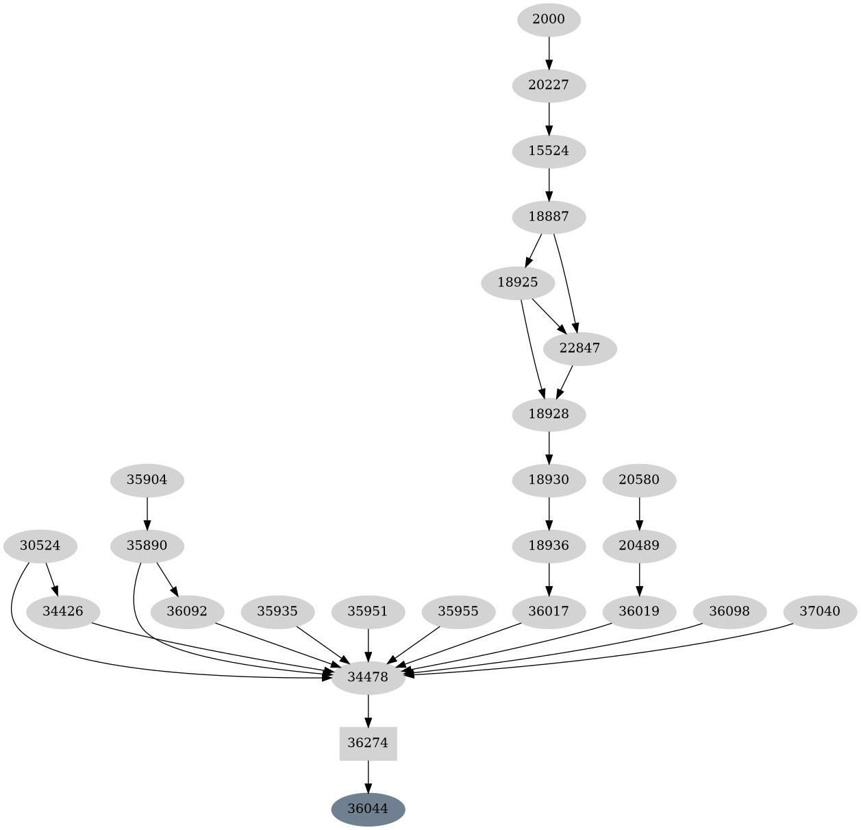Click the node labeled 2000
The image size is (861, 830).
click(549, 19)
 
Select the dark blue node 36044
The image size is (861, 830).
click(368, 809)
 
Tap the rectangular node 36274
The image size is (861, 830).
click(368, 743)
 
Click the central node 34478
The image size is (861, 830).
click(368, 677)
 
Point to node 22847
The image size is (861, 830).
click(579, 348)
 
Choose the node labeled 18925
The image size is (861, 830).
click(518, 282)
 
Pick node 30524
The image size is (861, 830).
click(40, 546)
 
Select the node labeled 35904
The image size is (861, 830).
click(147, 480)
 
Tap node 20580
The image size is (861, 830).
click(639, 480)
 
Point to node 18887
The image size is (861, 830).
click(549, 217)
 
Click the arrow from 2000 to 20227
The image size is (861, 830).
click(549, 53)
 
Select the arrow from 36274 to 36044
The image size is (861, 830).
click(368, 777)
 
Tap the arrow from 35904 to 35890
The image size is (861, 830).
click(147, 513)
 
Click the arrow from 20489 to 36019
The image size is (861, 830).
click(639, 579)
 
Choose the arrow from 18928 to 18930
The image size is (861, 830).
click(549, 447)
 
